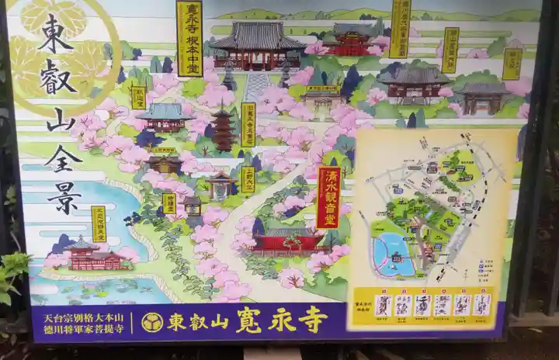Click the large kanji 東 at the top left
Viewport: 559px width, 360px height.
[x=55, y=33]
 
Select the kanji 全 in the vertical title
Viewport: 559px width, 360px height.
[x=62, y=157]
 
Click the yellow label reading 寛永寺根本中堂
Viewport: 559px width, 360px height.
[x=189, y=38]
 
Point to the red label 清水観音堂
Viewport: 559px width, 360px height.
[x=328, y=197]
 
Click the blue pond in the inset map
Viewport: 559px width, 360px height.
[x=393, y=254]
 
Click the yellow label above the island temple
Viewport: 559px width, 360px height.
[x=99, y=223]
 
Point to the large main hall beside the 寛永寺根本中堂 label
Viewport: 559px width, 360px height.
[x=257, y=47]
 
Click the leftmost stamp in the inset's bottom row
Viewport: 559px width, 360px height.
[x=382, y=305]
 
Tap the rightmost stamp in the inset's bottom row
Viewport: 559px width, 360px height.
[x=481, y=304]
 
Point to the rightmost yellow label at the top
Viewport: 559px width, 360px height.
[x=512, y=64]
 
